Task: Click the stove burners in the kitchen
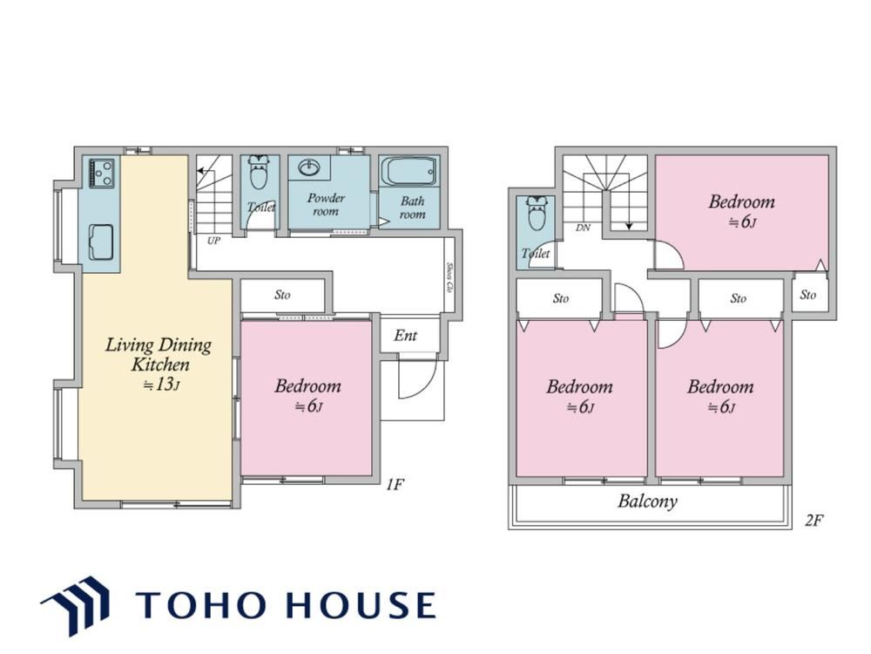pyautogui.click(x=102, y=173)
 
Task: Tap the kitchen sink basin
pyautogui.click(x=101, y=242)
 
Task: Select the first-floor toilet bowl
pyautogui.click(x=259, y=173)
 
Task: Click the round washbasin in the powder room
pyautogui.click(x=308, y=167)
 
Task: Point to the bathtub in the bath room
pyautogui.click(x=408, y=172)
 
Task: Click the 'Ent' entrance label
pyautogui.click(x=406, y=336)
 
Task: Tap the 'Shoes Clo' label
pyautogui.click(x=449, y=278)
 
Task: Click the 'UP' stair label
pyautogui.click(x=214, y=241)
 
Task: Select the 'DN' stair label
pyautogui.click(x=583, y=228)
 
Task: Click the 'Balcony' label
pyautogui.click(x=648, y=501)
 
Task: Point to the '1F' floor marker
pyautogui.click(x=395, y=485)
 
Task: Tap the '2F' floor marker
pyautogui.click(x=814, y=520)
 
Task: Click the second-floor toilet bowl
pyautogui.click(x=537, y=213)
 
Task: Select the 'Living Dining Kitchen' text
pyautogui.click(x=159, y=355)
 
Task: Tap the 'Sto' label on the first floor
pyautogui.click(x=282, y=295)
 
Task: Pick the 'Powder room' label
pyautogui.click(x=326, y=204)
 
